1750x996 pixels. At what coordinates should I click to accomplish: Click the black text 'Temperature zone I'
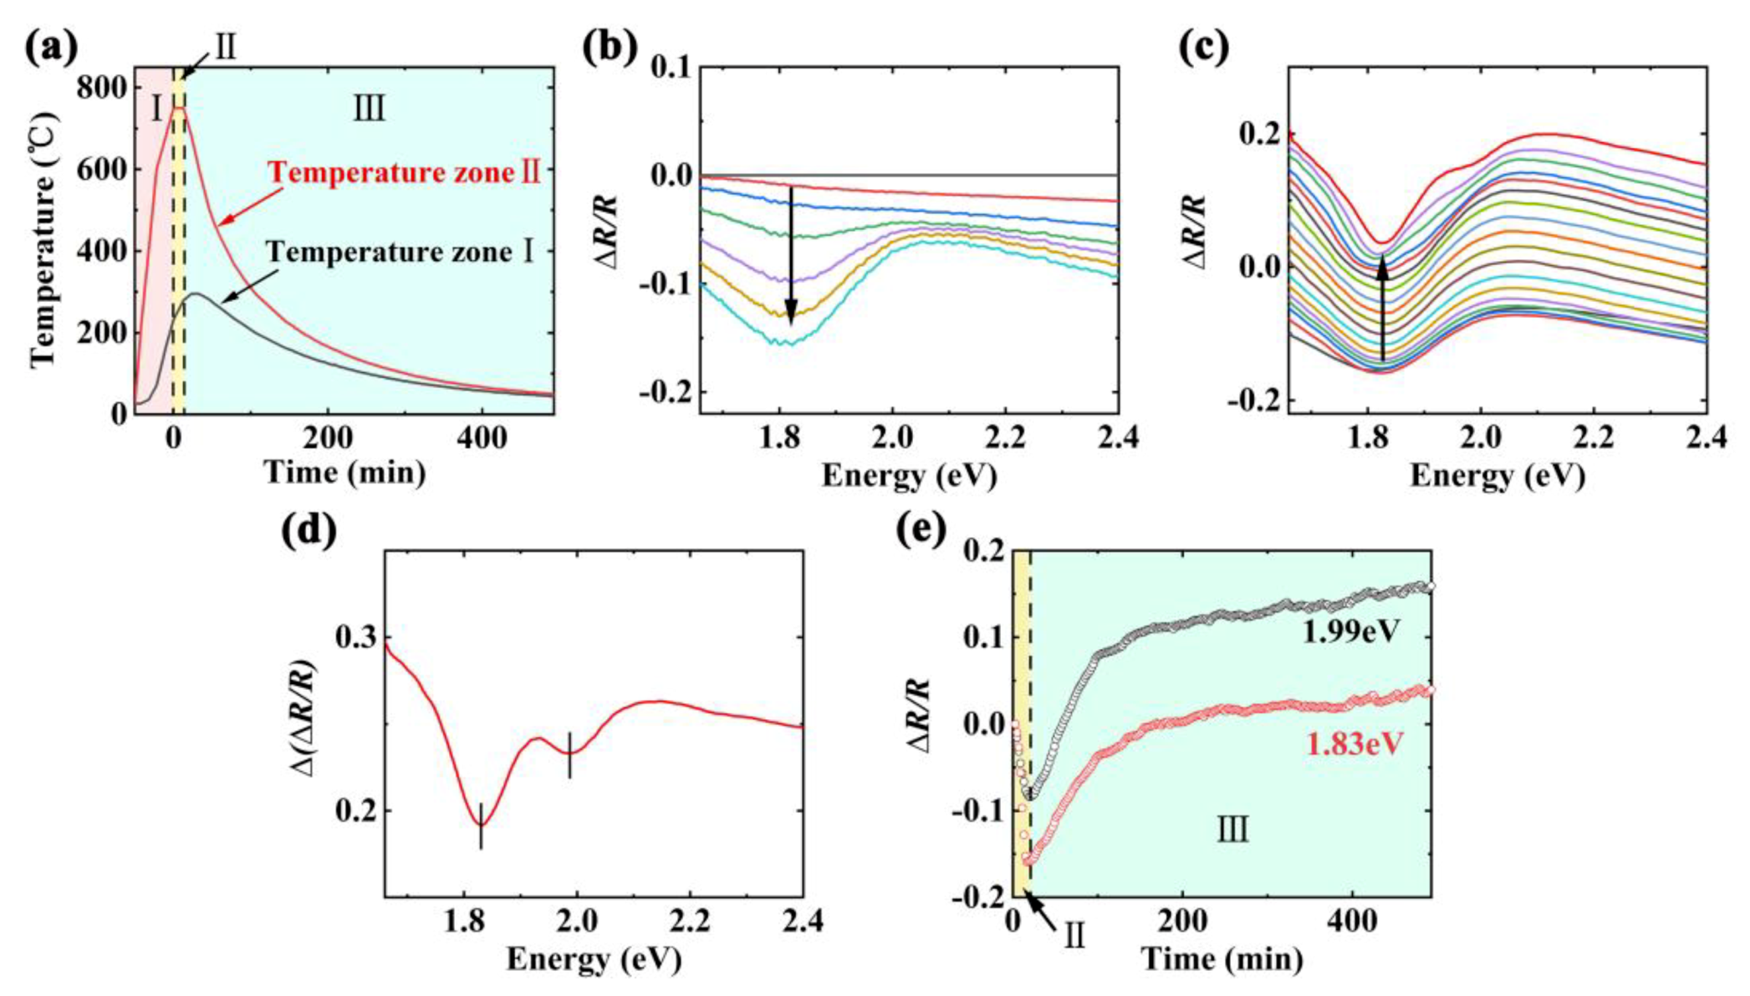400,252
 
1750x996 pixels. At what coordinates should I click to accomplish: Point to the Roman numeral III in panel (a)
369,109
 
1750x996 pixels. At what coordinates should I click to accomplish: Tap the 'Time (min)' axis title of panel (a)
345,472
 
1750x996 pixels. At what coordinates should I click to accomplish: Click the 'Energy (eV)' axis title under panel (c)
1497,476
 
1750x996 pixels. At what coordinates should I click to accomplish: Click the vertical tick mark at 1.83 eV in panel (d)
481,825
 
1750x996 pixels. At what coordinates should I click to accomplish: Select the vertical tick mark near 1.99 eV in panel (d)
569,754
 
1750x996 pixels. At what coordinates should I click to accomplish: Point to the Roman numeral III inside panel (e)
1232,831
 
